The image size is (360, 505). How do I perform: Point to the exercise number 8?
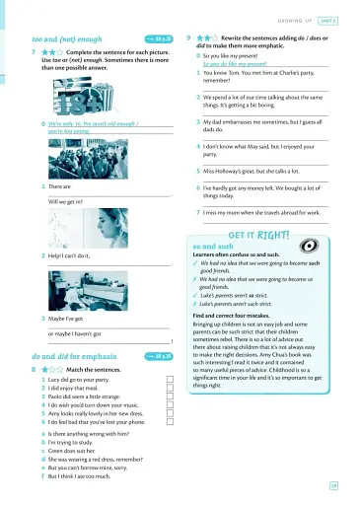coord(35,368)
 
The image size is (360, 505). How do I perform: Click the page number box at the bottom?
coord(335,484)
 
